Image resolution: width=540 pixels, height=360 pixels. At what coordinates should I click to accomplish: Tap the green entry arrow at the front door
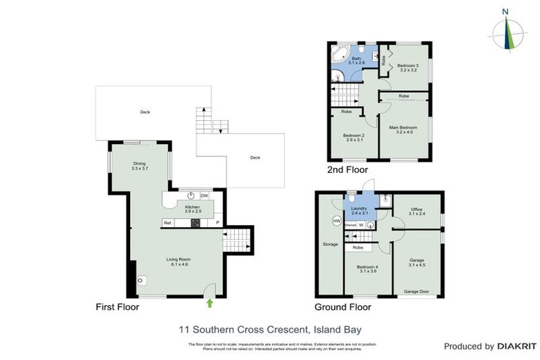click(210, 303)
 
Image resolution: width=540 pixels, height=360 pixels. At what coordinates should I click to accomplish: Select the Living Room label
click(179, 262)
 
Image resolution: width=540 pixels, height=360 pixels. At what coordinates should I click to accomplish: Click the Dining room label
click(139, 166)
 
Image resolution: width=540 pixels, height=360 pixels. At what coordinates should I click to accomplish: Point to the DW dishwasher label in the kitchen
click(204, 195)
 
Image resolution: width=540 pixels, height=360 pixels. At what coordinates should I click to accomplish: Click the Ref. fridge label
click(168, 223)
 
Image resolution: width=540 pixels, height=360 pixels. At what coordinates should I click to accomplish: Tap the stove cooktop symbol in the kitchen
click(195, 223)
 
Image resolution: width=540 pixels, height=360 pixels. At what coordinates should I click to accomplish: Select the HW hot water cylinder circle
click(337, 221)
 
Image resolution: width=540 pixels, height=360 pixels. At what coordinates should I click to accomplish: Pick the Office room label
click(416, 211)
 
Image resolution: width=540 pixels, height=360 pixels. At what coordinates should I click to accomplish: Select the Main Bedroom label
click(403, 129)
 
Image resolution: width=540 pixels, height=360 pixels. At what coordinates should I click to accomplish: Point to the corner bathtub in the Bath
click(338, 53)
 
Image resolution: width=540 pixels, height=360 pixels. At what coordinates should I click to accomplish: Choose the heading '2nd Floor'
click(348, 169)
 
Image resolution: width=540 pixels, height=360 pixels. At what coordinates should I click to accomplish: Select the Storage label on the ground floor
click(330, 245)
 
